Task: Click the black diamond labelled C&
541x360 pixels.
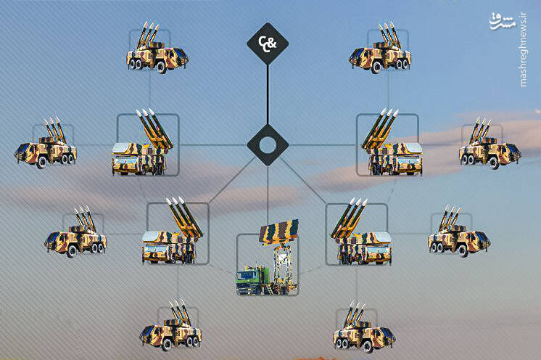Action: coord(268,44)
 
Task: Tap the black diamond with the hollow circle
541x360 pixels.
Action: coord(268,145)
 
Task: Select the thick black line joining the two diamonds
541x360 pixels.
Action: coord(268,94)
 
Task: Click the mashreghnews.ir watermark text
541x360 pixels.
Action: coord(523,50)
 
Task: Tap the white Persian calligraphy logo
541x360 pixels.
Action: coord(503,21)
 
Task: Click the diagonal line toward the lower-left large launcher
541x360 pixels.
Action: coord(232,180)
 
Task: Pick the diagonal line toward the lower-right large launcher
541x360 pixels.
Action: coord(303,180)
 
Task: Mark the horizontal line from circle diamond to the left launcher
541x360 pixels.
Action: coord(213,145)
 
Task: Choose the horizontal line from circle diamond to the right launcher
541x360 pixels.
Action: coord(323,145)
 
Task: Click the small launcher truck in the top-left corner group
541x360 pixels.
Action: coord(157,48)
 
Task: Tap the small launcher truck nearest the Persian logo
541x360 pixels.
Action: coord(380,48)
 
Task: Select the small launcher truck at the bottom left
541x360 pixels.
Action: coord(170,325)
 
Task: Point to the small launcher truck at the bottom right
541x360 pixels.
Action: coord(363,327)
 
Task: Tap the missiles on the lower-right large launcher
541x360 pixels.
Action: coord(349,217)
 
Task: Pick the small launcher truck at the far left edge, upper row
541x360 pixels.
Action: coord(46,143)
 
